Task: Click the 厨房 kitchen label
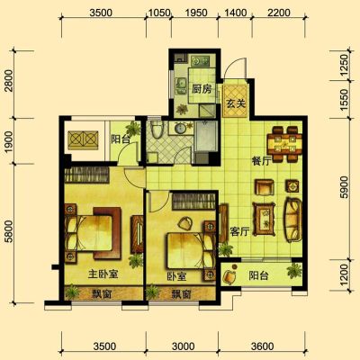pos(202,89)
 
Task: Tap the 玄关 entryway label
pos(236,103)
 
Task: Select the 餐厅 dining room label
pos(261,161)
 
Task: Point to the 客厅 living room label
pos(239,231)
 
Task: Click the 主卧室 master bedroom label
pos(103,274)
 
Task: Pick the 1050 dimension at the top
pos(159,13)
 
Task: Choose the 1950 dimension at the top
pos(196,13)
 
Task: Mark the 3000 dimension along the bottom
pos(184,346)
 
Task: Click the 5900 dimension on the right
pos(345,187)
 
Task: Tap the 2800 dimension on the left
pos(10,81)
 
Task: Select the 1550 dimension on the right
pos(345,99)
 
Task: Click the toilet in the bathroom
pos(157,129)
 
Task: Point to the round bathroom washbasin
pos(180,129)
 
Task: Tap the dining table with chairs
pos(284,145)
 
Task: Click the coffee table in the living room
pos(264,220)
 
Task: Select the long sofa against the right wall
pos(293,220)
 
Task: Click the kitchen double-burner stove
pos(201,61)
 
